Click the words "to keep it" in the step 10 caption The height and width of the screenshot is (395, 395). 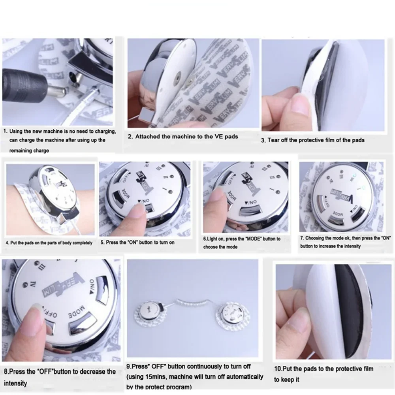287,380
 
